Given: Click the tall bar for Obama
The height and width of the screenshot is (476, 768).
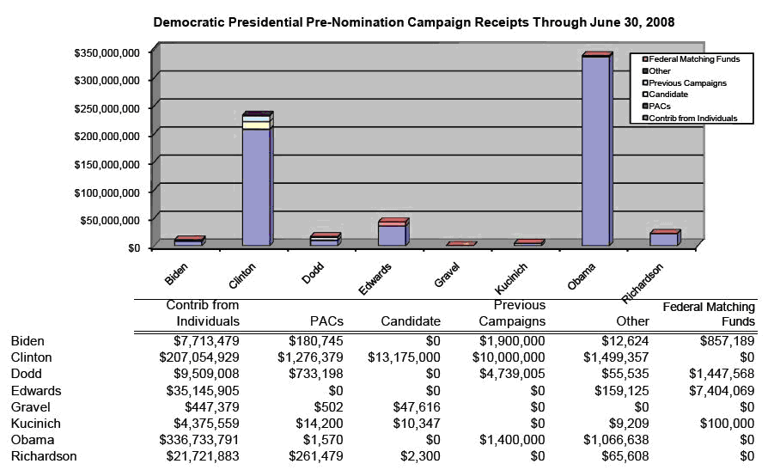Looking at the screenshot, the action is [x=597, y=149].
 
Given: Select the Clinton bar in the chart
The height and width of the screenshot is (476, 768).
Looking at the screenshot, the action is [x=258, y=179].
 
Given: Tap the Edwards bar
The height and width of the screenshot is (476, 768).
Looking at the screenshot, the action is [x=393, y=232].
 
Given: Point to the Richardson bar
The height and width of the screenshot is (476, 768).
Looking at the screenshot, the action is [x=665, y=238].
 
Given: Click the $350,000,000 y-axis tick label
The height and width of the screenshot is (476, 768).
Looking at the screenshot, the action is [x=107, y=53].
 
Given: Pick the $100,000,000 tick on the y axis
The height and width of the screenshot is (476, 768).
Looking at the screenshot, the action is [x=107, y=192].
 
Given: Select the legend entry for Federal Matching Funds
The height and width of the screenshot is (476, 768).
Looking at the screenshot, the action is [x=691, y=59].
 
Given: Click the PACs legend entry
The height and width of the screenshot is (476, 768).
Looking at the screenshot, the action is [x=656, y=107].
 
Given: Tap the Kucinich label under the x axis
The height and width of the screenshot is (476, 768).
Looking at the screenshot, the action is [x=511, y=278].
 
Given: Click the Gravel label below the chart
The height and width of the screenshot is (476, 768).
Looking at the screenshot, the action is [x=447, y=275].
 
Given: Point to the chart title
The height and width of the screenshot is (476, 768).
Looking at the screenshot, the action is [x=414, y=22].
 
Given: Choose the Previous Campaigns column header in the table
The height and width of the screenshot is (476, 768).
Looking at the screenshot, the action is [x=512, y=313].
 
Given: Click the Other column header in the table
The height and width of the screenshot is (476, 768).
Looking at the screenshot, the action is [x=633, y=321].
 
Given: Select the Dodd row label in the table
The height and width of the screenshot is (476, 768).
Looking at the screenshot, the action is [x=27, y=374].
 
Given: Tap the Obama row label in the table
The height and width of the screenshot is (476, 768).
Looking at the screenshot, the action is [x=33, y=440].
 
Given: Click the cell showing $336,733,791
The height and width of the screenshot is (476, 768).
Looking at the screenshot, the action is [x=198, y=440].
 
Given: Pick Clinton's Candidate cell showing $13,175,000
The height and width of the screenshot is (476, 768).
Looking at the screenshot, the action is [x=404, y=357].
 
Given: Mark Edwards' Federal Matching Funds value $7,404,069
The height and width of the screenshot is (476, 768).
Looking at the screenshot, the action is [x=722, y=390].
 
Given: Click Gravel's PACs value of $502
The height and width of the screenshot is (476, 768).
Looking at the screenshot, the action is [x=328, y=407].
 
